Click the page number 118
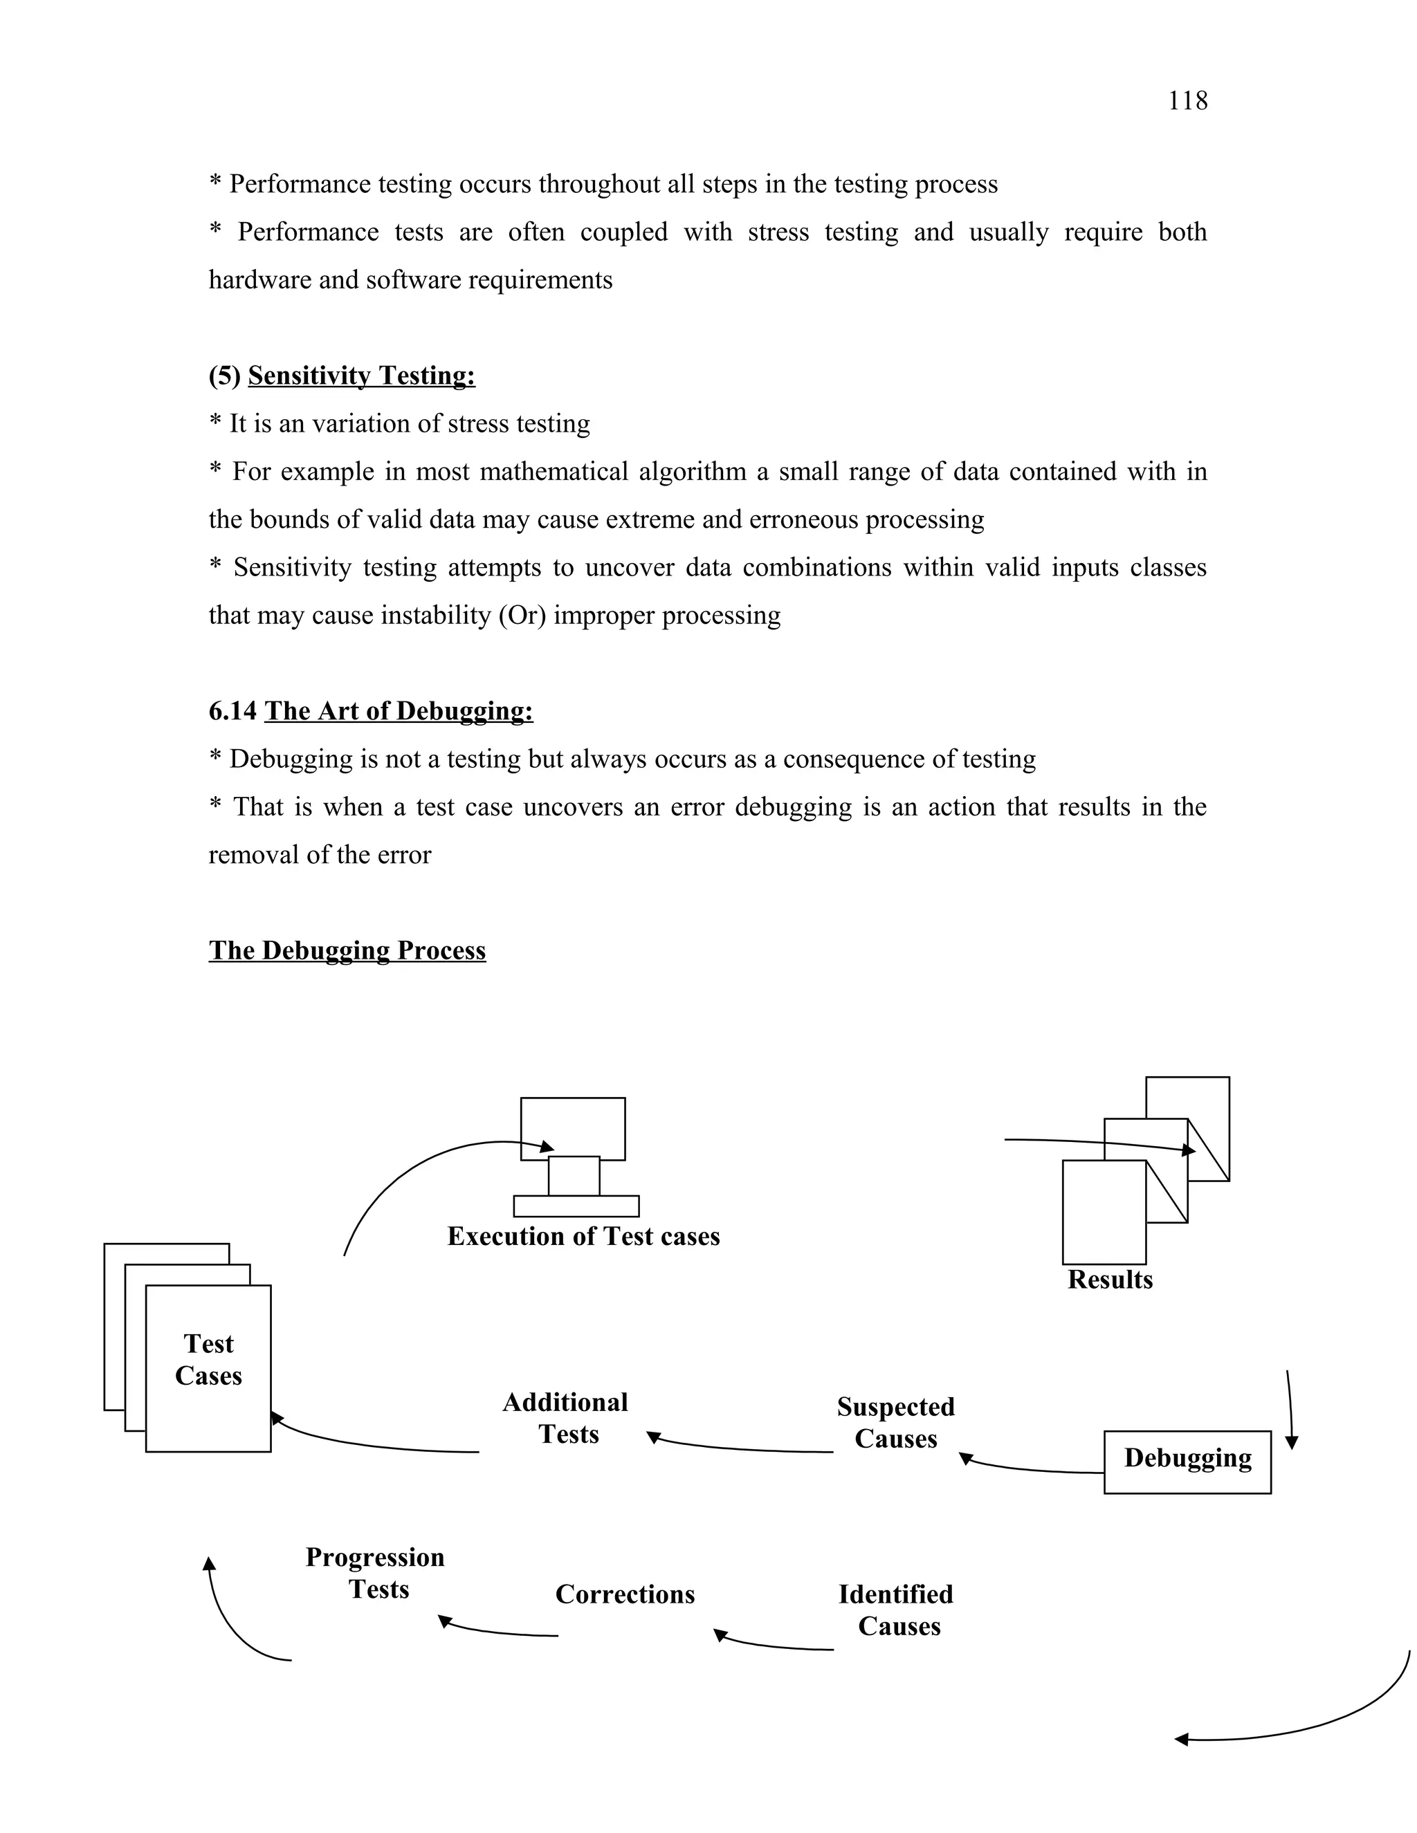click(1187, 101)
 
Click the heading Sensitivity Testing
click(361, 375)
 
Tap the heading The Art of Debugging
click(398, 711)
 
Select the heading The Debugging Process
click(347, 950)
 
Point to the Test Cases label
click(208, 1360)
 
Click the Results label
click(1110, 1279)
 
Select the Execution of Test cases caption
click(583, 1236)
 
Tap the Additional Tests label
click(567, 1417)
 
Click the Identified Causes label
click(897, 1610)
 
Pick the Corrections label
click(625, 1594)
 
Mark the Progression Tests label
click(375, 1573)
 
